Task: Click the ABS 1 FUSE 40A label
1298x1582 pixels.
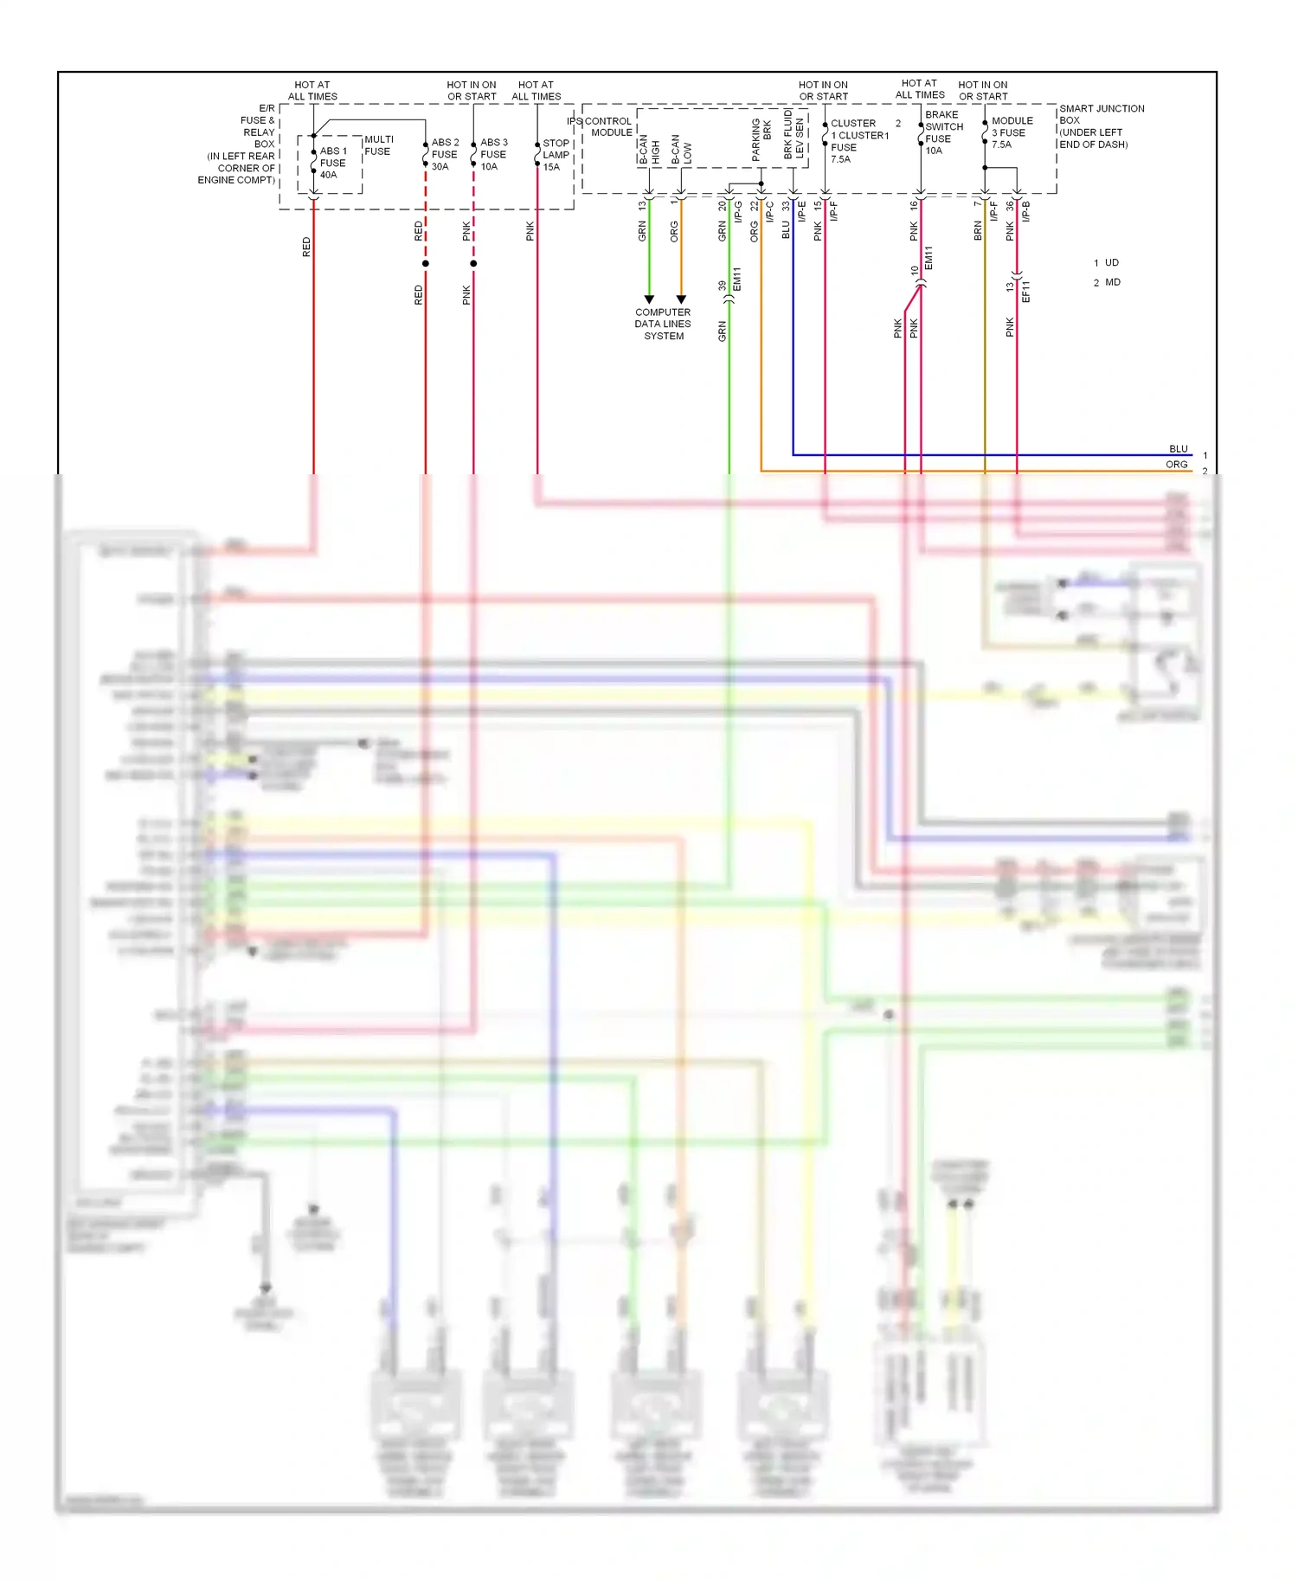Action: tap(332, 163)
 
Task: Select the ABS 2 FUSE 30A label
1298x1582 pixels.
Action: tap(445, 154)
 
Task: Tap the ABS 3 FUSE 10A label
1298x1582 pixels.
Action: tap(493, 154)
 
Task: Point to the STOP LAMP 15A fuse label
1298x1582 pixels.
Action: tap(556, 155)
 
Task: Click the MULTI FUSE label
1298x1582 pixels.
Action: tap(378, 145)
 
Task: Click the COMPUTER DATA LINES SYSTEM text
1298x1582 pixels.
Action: tap(663, 324)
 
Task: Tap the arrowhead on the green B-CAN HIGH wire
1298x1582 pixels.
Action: tap(649, 299)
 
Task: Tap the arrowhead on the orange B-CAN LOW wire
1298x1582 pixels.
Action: tap(681, 299)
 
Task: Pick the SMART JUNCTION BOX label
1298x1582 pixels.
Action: tap(1101, 126)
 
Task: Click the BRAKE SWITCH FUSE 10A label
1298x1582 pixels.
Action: tap(943, 132)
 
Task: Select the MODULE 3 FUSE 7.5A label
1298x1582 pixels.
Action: tap(1011, 132)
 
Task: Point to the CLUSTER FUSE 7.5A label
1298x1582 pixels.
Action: tap(857, 141)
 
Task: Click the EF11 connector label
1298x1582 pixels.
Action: tap(1025, 291)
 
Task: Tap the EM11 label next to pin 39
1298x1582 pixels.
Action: tap(737, 279)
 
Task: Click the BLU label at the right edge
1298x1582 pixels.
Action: tap(1178, 448)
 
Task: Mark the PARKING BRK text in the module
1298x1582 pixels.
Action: tap(761, 140)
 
